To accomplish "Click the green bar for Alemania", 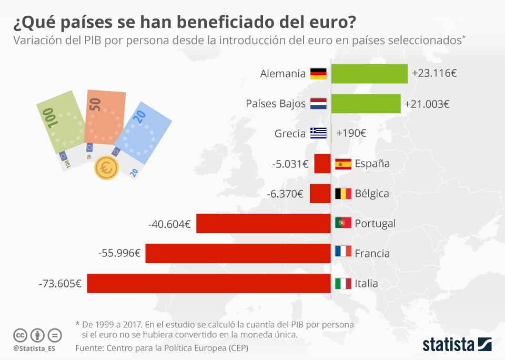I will [369, 74].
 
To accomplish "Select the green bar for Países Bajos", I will [366, 104].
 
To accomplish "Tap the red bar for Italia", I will [209, 283].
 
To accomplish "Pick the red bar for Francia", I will [238, 253].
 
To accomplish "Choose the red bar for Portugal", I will [263, 223].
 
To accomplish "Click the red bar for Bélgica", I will [320, 193].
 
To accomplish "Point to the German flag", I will [318, 74].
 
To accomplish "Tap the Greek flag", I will [318, 133].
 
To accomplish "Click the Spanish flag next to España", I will [343, 164].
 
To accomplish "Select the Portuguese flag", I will [343, 223].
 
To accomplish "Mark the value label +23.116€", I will [434, 74].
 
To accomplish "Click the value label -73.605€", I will [60, 284].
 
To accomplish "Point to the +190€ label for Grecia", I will [351, 134].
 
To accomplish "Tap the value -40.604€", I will [169, 224].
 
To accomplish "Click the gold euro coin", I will [106, 168].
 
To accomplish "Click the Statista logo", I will [457, 345].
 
